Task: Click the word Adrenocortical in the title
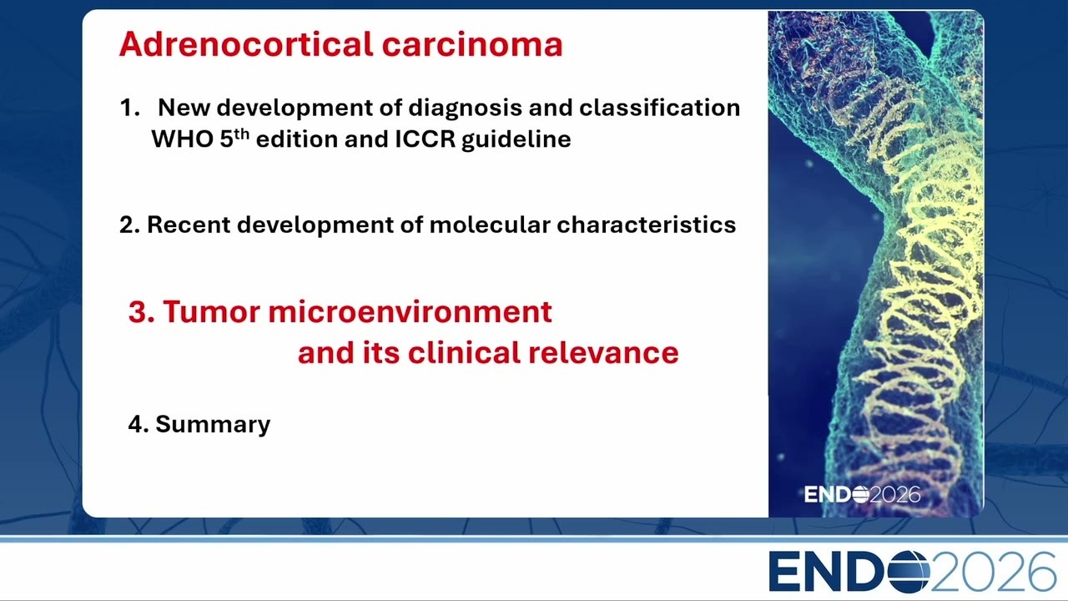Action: click(246, 44)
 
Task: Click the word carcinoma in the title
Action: click(472, 45)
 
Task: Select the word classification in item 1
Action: click(659, 107)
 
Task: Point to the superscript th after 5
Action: click(242, 134)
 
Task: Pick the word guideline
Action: click(516, 140)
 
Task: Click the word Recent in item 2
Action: click(189, 225)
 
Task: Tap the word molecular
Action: click(490, 225)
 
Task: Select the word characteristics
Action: click(647, 225)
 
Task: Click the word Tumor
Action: click(212, 312)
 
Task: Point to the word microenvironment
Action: click(410, 312)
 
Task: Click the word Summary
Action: click(213, 425)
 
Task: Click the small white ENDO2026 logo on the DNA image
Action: click(863, 494)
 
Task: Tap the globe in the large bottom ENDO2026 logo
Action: click(909, 572)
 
